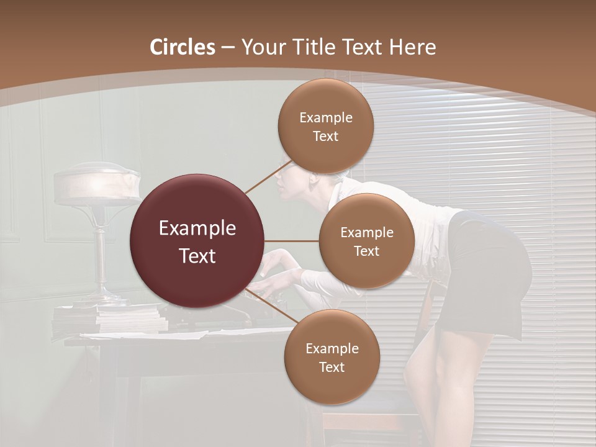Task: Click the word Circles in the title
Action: [183, 47]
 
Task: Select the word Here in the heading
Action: [412, 47]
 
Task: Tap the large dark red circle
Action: [197, 241]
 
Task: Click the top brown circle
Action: [325, 126]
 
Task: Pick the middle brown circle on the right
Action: [366, 241]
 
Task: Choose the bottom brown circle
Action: [332, 357]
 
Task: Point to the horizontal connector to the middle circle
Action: [292, 241]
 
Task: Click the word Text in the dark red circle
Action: [197, 256]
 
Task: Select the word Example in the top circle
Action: [326, 118]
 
